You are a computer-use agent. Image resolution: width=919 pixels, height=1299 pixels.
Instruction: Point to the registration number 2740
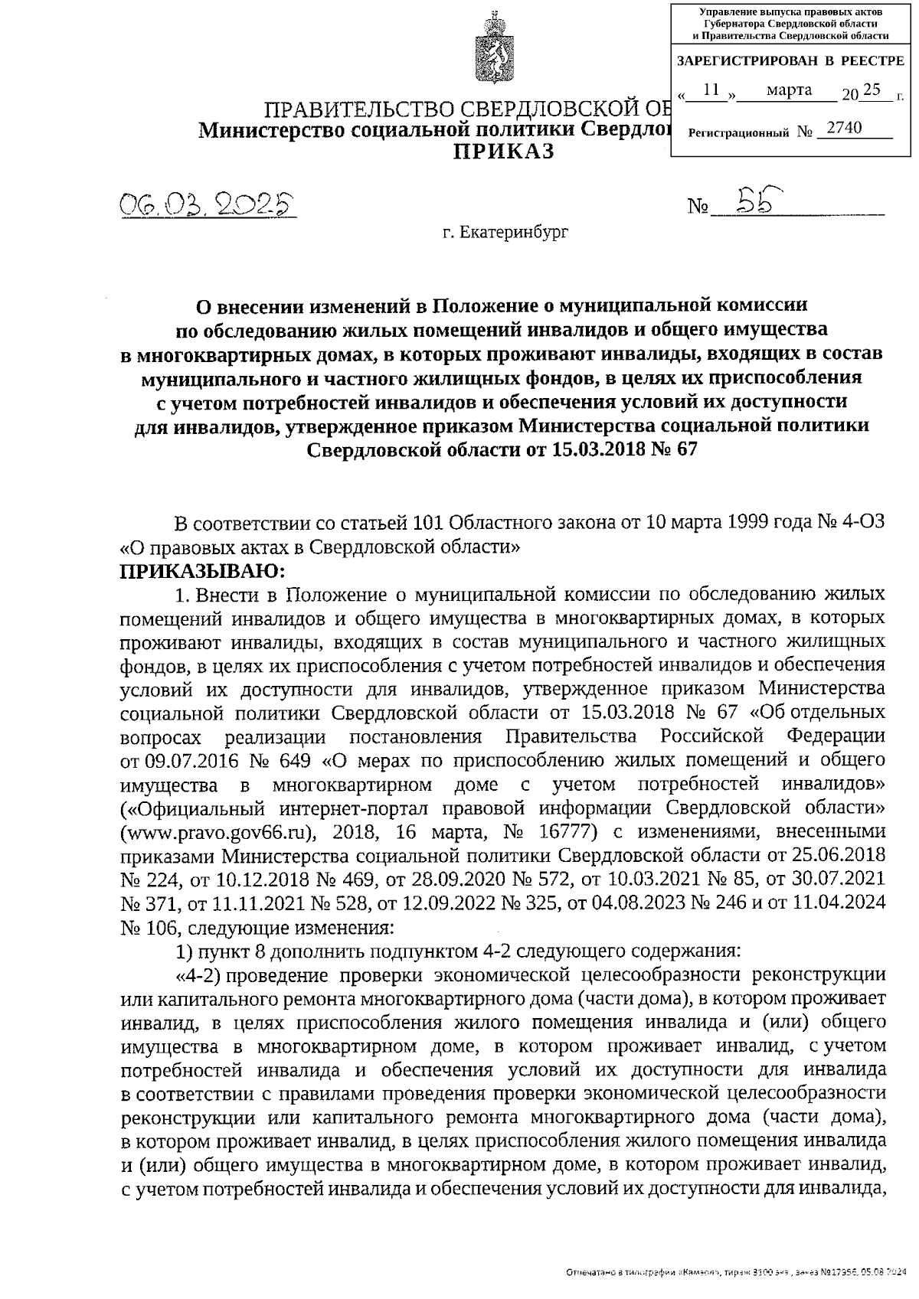pos(844,128)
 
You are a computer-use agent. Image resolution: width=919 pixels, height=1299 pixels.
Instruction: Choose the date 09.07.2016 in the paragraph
pos(182,760)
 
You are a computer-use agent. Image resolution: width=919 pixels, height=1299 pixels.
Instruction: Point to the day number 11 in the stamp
pos(711,90)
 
